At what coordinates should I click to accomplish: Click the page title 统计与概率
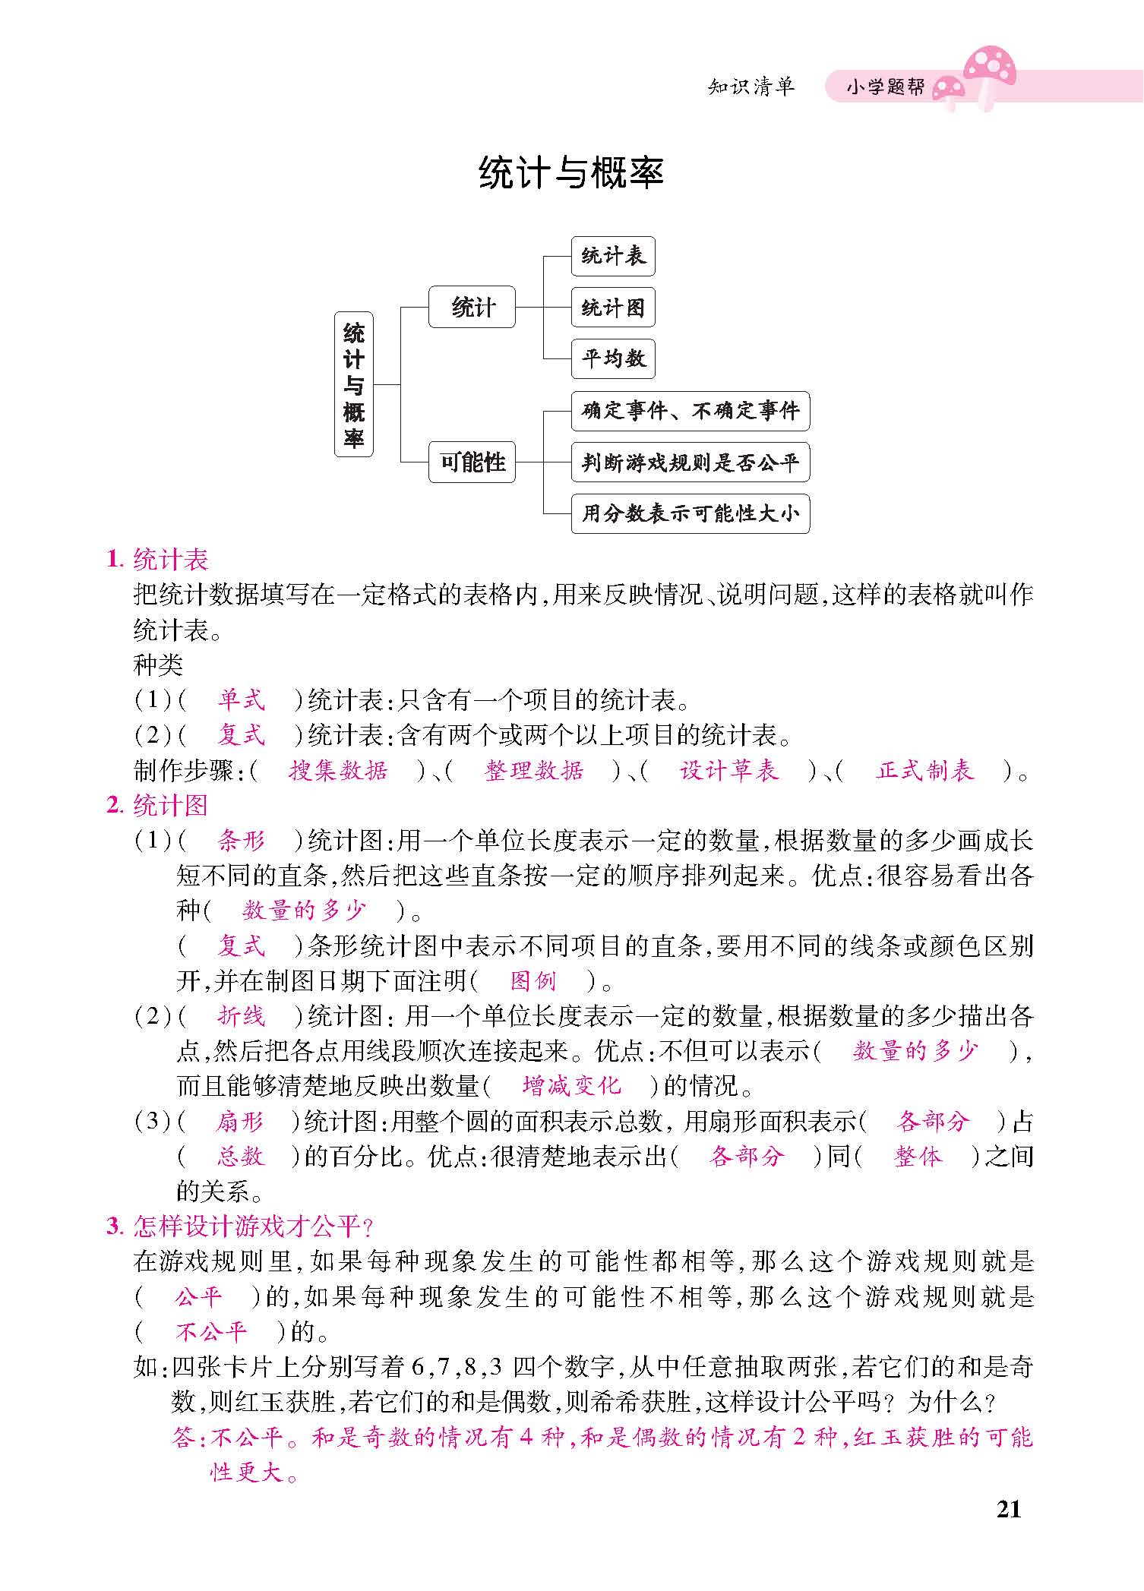[x=571, y=174]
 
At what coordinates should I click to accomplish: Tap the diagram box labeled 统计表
[x=612, y=256]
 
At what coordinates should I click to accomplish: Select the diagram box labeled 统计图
[x=612, y=308]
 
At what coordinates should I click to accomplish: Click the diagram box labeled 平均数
[x=612, y=358]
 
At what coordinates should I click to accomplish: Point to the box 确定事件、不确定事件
[x=690, y=412]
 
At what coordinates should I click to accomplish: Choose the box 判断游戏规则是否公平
[x=690, y=462]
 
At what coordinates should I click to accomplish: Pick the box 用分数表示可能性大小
[x=690, y=513]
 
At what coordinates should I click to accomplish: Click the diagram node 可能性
[x=472, y=462]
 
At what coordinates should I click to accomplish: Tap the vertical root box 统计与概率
[x=354, y=384]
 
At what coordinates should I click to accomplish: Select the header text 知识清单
[x=751, y=87]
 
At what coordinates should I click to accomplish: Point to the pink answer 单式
[x=241, y=699]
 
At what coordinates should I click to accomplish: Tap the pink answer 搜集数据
[x=338, y=771]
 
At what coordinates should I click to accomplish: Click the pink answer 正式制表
[x=924, y=771]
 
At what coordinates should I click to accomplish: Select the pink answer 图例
[x=533, y=981]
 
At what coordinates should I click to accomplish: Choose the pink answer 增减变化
[x=571, y=1086]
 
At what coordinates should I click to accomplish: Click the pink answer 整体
[x=918, y=1157]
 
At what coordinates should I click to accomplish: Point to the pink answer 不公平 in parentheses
[x=211, y=1331]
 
